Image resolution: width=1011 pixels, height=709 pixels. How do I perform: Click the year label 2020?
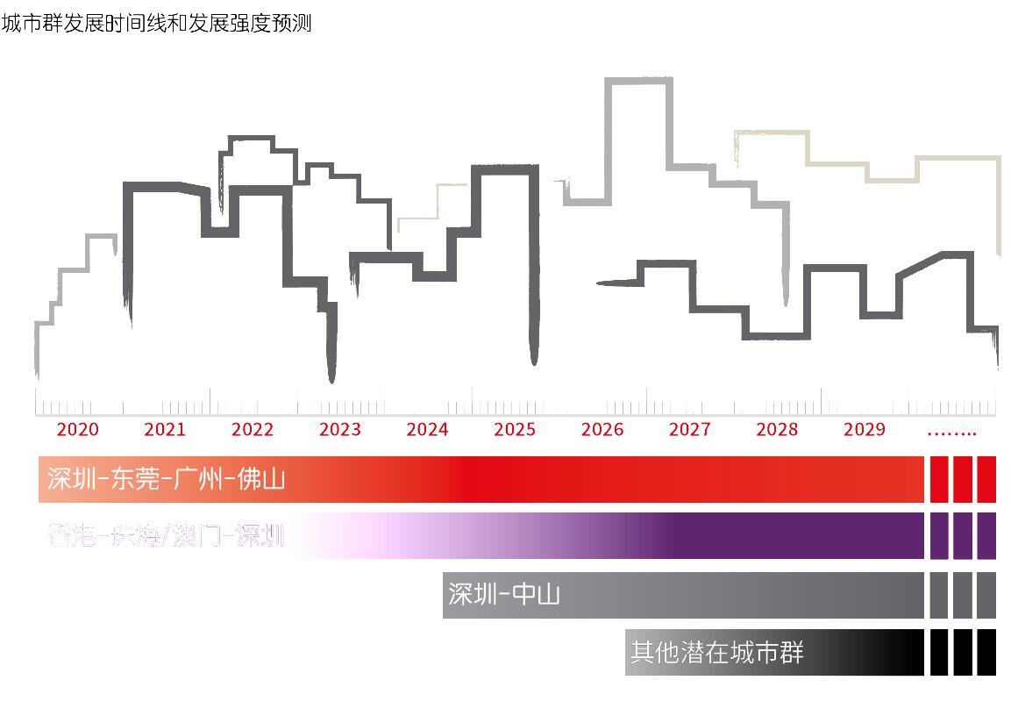click(78, 429)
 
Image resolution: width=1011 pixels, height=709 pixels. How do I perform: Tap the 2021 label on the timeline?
click(165, 429)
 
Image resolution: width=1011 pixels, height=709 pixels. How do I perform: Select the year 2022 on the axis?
click(253, 429)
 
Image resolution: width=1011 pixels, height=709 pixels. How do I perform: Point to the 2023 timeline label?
click(339, 429)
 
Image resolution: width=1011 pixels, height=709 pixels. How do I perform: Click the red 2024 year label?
click(427, 429)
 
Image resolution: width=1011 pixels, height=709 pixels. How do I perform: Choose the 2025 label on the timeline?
click(515, 429)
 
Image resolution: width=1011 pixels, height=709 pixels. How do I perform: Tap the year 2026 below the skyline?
click(602, 429)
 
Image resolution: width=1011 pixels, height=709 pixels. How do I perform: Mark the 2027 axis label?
click(690, 429)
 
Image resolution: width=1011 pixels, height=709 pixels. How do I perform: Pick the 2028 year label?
click(777, 429)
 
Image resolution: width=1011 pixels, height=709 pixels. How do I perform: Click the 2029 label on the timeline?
click(865, 429)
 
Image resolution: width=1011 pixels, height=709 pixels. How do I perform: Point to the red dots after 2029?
click(951, 432)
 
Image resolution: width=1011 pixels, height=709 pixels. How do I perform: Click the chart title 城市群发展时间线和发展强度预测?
click(157, 24)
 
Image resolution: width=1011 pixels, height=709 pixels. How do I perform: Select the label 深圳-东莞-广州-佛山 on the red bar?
click(167, 479)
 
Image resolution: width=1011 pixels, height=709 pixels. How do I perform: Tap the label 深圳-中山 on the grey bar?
click(503, 595)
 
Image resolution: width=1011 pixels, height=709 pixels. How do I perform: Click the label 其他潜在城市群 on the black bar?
click(716, 653)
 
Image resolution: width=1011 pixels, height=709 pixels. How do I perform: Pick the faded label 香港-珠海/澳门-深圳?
click(167, 535)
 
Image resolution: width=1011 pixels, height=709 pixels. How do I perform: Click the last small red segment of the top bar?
click(986, 479)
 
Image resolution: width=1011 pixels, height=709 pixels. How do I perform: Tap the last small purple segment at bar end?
click(986, 535)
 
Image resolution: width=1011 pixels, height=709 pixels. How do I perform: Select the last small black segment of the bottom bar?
click(986, 653)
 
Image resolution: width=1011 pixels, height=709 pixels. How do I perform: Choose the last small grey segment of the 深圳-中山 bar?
click(986, 595)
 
